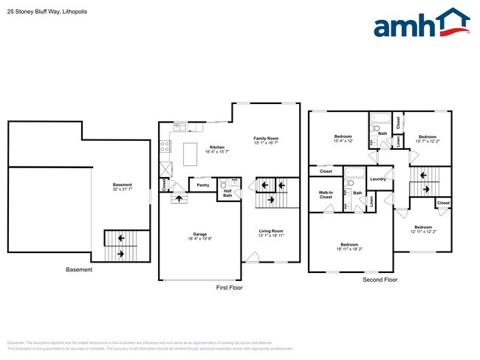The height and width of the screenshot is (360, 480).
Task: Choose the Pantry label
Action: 203,185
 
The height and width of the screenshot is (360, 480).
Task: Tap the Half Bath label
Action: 228,193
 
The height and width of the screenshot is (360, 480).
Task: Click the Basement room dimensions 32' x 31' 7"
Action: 123,190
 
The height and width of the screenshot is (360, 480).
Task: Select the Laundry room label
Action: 379,179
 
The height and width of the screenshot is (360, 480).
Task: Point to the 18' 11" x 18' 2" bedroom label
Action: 349,247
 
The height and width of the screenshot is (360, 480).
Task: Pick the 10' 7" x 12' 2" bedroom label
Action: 428,139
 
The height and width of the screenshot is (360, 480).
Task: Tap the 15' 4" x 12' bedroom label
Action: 343,139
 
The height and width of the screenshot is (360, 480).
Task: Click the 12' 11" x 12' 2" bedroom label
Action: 423,229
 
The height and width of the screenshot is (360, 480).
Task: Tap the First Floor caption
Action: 229,287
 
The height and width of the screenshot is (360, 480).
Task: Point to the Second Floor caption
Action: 380,280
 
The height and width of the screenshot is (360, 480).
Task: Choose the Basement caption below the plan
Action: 79,270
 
